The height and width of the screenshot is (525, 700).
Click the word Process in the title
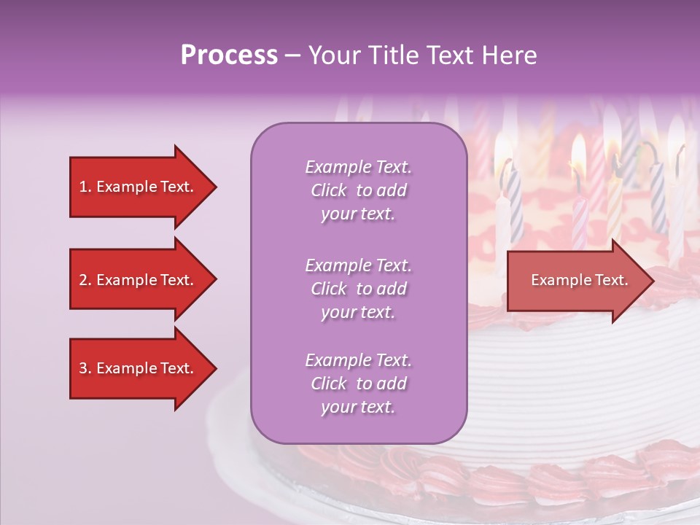pyautogui.click(x=229, y=55)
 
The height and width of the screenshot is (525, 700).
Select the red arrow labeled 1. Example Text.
pyautogui.click(x=137, y=187)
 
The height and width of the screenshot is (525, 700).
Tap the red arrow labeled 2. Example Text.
pyautogui.click(x=137, y=280)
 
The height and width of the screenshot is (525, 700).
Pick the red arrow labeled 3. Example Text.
pyautogui.click(x=137, y=368)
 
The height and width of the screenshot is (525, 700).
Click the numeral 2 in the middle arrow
pyautogui.click(x=83, y=280)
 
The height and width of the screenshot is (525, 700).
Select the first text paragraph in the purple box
pyautogui.click(x=358, y=190)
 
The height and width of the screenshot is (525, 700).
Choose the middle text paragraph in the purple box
pyautogui.click(x=358, y=289)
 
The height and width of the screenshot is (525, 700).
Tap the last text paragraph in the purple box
pyautogui.click(x=358, y=384)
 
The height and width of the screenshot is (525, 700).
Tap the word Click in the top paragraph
pyautogui.click(x=328, y=190)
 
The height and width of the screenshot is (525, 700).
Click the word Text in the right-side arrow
pyautogui.click(x=610, y=280)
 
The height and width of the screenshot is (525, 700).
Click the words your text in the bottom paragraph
pyautogui.click(x=358, y=407)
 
